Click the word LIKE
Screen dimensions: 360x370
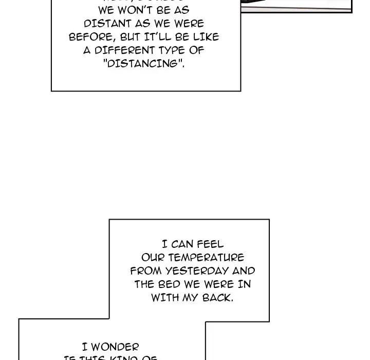click(x=207, y=37)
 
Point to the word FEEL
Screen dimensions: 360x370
click(x=211, y=245)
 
